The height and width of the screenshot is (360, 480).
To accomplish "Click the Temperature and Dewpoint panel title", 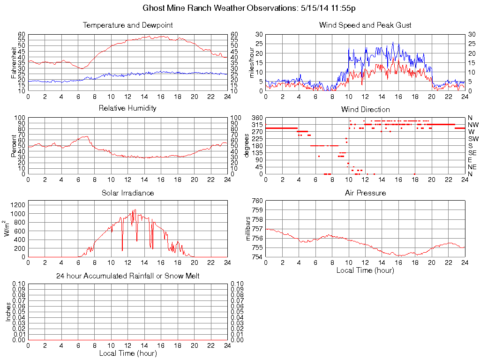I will coord(127,25).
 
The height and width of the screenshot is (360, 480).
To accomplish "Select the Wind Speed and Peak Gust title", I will coord(365,25).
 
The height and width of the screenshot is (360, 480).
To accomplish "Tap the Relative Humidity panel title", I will coord(127,108).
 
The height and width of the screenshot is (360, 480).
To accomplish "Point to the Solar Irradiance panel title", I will coord(127,193).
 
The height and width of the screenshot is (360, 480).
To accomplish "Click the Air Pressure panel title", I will coord(365,193).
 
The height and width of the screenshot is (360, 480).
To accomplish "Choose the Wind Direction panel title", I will coord(365,109).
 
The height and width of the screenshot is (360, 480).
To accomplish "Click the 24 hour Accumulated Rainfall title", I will coord(127,276).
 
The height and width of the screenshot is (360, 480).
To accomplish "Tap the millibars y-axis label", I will coord(249,229).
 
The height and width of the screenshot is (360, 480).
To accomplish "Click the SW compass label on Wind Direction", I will coord(473,139).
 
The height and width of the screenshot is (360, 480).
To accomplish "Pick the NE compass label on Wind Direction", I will coord(472,167).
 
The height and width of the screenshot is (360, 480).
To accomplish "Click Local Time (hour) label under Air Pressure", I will coord(365,270).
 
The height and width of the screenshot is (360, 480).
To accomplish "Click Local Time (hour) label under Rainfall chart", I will coord(127,353).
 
